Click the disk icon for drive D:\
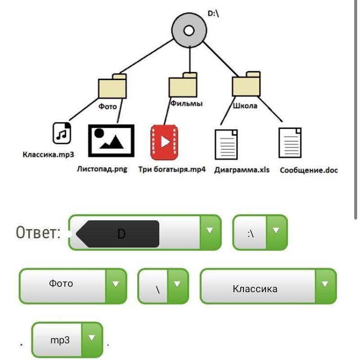click(x=189, y=31)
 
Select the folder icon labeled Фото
click(x=112, y=86)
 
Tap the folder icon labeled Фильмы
click(x=183, y=85)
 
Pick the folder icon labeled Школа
click(x=246, y=85)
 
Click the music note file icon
click(x=62, y=133)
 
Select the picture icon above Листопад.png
click(x=111, y=140)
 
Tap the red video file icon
click(x=164, y=142)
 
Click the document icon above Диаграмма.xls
click(x=226, y=144)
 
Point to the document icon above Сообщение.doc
click(x=290, y=143)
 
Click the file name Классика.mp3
click(x=48, y=155)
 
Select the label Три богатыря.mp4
click(x=172, y=170)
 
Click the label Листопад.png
click(x=102, y=169)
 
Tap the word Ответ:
click(x=38, y=233)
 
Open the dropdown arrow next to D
click(x=210, y=231)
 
